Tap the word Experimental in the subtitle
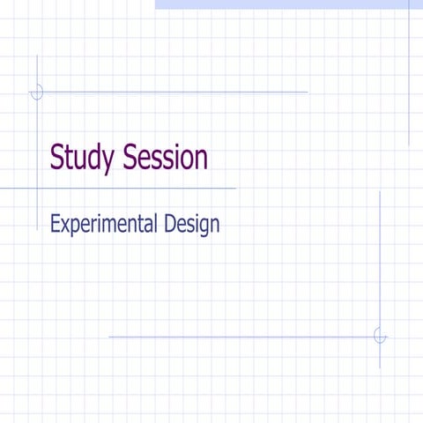104,225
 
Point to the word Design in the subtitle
191,225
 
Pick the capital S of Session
131,158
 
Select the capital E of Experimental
55,224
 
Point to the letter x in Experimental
64,226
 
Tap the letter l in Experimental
156,224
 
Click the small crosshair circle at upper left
37,91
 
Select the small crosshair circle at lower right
380,336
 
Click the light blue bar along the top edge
282,4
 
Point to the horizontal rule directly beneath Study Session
132,188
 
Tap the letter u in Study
82,160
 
